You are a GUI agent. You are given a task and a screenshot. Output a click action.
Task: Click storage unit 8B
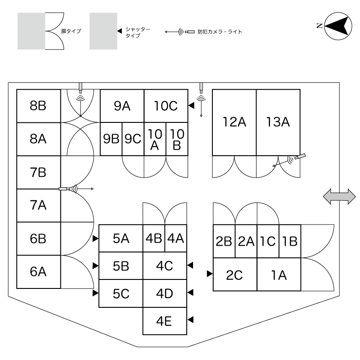point(39,106)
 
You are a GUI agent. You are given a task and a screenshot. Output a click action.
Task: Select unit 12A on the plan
point(234,122)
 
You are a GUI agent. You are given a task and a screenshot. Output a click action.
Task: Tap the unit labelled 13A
point(278,122)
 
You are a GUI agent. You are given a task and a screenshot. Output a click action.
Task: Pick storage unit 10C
point(166,106)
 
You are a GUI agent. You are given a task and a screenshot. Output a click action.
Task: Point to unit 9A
point(122,106)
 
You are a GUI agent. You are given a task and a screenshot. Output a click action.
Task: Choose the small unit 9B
point(111,139)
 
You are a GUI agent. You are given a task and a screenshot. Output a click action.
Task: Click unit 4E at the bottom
point(165,321)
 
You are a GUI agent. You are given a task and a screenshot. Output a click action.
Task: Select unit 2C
point(234,274)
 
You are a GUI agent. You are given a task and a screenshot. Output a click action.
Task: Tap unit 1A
point(279,274)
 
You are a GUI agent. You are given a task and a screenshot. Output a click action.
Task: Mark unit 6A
point(39,271)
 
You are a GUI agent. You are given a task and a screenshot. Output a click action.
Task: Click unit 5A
point(121,238)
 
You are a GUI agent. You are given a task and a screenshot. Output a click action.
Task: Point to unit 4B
point(154,238)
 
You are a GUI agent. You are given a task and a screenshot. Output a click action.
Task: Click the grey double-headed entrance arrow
point(339,197)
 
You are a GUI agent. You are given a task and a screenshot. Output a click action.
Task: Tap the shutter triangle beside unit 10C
point(191,106)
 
